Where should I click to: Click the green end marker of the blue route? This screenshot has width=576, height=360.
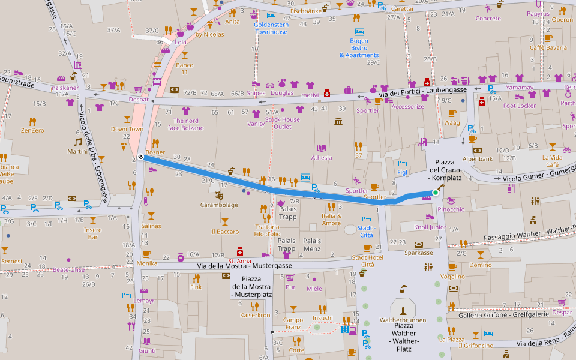click(x=435, y=193)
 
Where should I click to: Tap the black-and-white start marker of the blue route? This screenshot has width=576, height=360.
click(x=140, y=157)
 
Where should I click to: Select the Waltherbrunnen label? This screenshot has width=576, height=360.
click(x=403, y=320)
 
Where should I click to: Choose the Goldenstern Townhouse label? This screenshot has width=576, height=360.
click(x=271, y=28)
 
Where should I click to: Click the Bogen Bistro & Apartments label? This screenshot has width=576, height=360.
click(x=359, y=48)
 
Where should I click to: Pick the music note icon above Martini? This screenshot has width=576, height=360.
click(x=77, y=142)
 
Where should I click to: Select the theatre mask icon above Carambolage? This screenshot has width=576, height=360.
click(x=218, y=195)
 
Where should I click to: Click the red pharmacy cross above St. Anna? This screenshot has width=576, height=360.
click(x=240, y=251)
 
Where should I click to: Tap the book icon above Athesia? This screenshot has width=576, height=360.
click(x=322, y=148)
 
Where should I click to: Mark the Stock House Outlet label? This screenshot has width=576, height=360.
click(x=282, y=123)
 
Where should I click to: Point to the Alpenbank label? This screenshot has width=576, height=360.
click(x=477, y=159)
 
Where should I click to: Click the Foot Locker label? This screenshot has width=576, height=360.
click(x=519, y=106)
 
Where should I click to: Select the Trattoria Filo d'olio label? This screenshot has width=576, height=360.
click(x=266, y=230)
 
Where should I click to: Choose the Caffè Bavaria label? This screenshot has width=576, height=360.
click(x=548, y=47)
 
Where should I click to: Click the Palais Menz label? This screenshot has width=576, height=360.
click(x=312, y=245)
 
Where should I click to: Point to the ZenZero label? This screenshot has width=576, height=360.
click(x=32, y=130)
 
